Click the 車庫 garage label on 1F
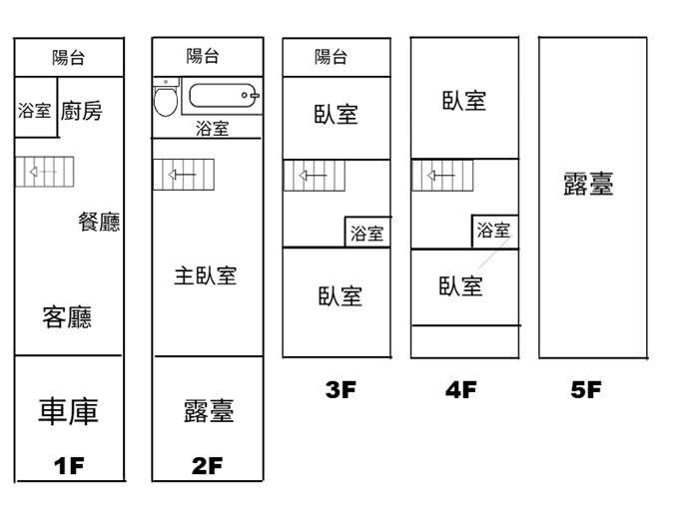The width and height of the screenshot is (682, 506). (x=68, y=411)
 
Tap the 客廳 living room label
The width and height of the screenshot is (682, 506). (x=67, y=317)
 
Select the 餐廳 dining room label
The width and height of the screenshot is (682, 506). (x=99, y=222)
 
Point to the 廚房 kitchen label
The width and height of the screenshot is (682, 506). (x=81, y=111)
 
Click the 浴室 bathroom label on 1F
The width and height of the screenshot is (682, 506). (x=34, y=111)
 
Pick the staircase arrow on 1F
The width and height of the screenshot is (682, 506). (x=43, y=172)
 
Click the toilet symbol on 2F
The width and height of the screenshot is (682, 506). (x=166, y=98)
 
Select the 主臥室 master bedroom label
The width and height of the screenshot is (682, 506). (x=206, y=276)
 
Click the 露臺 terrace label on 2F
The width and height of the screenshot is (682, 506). (x=209, y=411)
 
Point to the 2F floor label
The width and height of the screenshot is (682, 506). (x=207, y=465)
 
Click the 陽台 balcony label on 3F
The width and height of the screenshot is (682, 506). (x=331, y=57)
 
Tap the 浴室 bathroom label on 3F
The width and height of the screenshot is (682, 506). (x=367, y=234)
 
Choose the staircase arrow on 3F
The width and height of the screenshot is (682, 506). (x=313, y=176)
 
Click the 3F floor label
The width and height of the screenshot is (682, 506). (x=341, y=389)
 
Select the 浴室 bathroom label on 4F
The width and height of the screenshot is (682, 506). (x=493, y=230)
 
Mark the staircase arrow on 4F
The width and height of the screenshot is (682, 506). (x=440, y=176)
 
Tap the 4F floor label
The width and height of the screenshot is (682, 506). (x=461, y=389)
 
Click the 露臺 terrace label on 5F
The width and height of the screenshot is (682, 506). (x=588, y=184)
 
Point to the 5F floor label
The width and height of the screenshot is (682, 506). (x=586, y=389)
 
